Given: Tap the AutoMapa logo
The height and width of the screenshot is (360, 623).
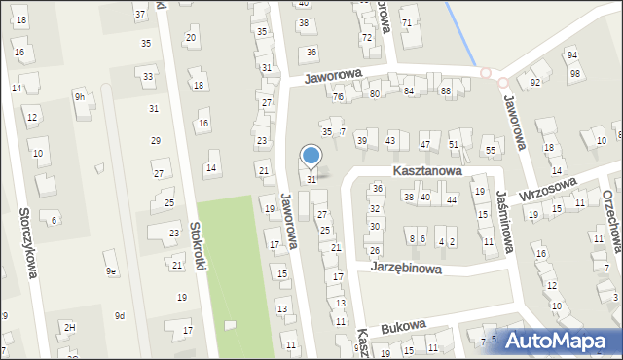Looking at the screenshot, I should pos(557,341).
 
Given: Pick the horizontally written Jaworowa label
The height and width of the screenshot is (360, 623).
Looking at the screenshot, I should pos(332,75).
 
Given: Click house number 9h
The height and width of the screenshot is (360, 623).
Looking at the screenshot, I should pos(80,96).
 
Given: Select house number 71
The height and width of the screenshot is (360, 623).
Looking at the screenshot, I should pos(407,22).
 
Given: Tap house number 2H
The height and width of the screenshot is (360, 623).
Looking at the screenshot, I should pos(69,327).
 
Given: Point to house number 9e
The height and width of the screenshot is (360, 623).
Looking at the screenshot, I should pos(111,271).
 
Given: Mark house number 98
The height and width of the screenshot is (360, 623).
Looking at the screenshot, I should pos(575,74).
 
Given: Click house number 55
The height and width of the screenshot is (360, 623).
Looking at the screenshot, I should pos(491,151).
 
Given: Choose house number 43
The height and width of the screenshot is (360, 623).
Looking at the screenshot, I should pos(390,141).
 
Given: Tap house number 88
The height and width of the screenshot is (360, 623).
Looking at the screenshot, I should pos(446,91).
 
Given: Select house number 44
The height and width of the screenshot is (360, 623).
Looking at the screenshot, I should pos(451,199).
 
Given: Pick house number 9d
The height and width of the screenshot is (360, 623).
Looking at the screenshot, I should pos(119,315).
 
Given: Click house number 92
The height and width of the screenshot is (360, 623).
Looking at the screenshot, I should pos(535,83).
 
